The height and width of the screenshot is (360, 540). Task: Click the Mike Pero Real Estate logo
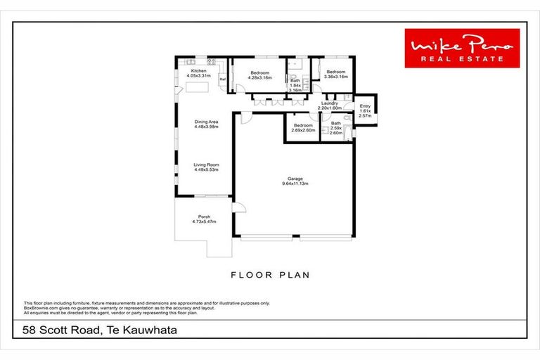462,48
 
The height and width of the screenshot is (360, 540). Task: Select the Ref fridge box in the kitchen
222,79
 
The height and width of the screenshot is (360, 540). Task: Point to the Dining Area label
206,122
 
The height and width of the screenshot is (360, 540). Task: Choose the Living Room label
206,165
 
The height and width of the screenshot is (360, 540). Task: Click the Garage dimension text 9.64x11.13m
295,184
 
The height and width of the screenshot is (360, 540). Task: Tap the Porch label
202,217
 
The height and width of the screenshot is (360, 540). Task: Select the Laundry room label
329,104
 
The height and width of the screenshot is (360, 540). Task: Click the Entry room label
365,106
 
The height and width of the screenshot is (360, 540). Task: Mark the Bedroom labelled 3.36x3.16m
335,72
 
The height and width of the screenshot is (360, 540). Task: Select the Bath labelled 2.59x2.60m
336,127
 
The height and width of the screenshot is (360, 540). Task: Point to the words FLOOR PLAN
270,275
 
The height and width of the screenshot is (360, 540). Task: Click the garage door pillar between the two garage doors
296,237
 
